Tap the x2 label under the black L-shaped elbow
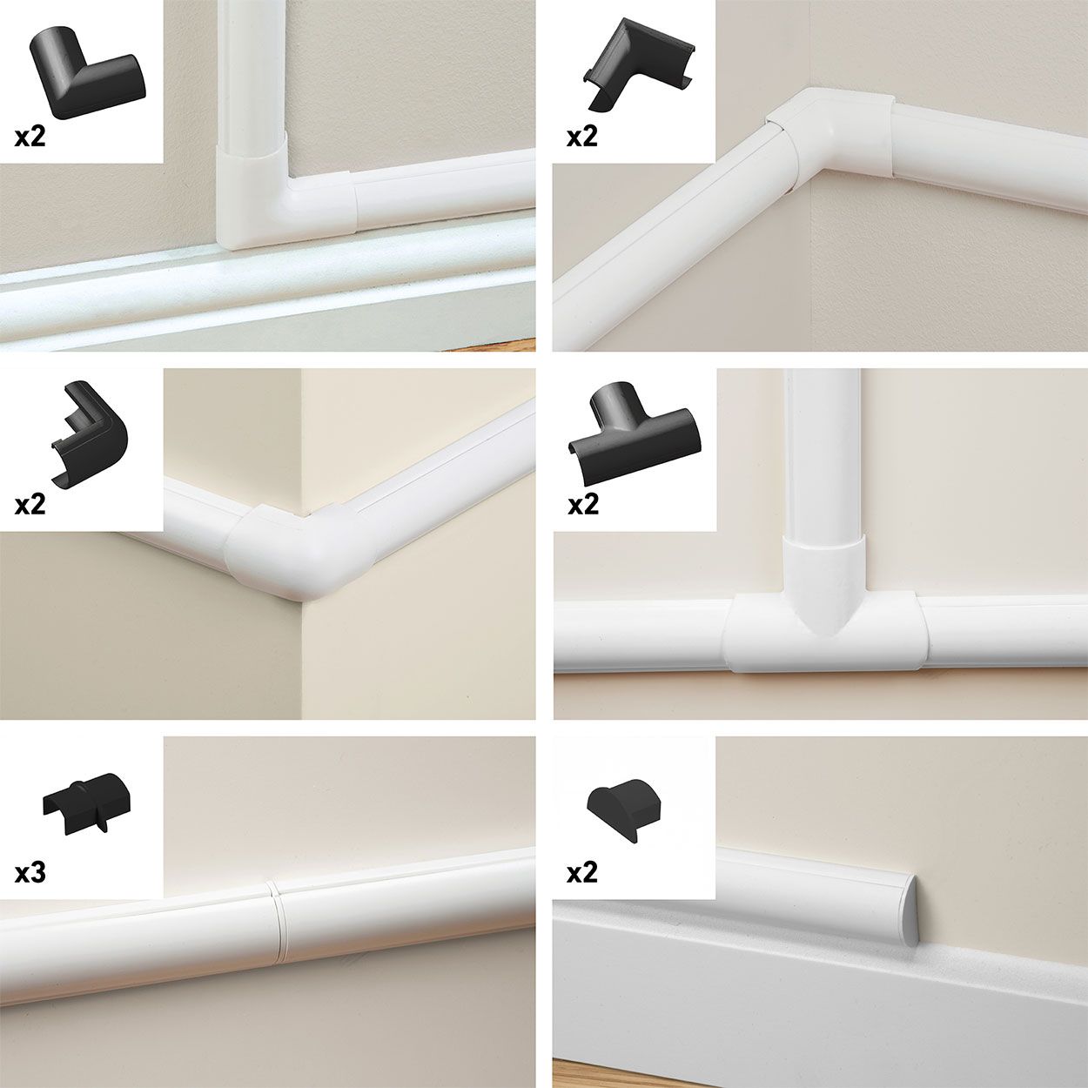pyautogui.click(x=30, y=138)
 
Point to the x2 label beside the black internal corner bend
pyautogui.click(x=582, y=138)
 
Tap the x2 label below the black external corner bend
pyautogui.click(x=30, y=505)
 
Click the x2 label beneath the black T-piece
pyautogui.click(x=582, y=505)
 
